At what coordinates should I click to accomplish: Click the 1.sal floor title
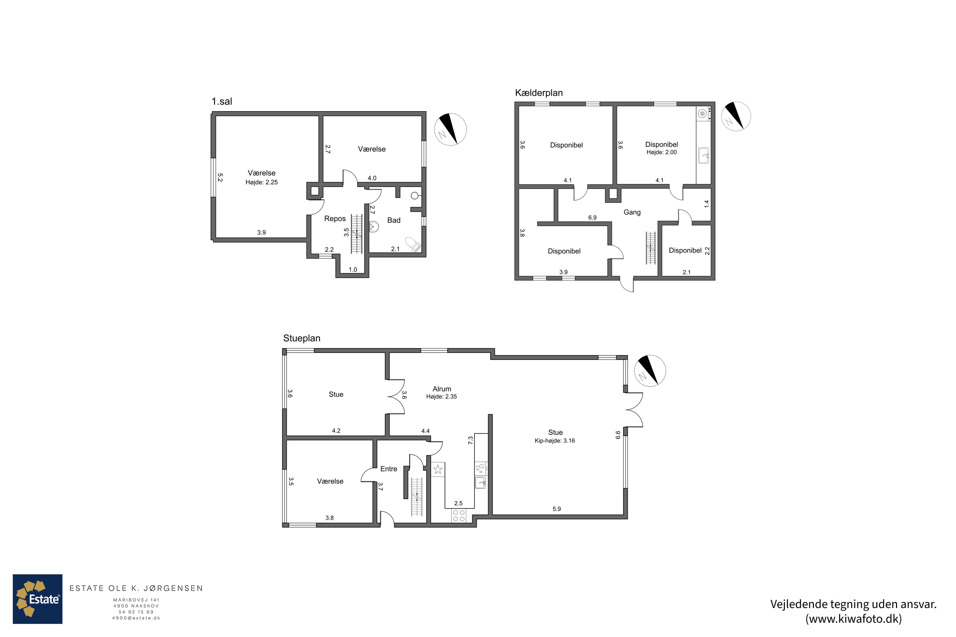pyautogui.click(x=221, y=101)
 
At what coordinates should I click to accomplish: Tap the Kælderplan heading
pyautogui.click(x=539, y=93)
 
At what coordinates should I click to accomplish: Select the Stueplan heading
pyautogui.click(x=301, y=338)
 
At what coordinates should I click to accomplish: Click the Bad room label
pyautogui.click(x=394, y=220)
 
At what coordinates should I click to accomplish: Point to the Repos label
pyautogui.click(x=335, y=218)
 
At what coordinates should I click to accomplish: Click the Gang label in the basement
pyautogui.click(x=632, y=212)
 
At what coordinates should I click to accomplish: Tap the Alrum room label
pyautogui.click(x=442, y=389)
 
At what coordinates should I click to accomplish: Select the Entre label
pyautogui.click(x=388, y=469)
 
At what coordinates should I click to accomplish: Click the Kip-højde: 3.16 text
pyautogui.click(x=555, y=441)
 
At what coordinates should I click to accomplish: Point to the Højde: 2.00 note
pyautogui.click(x=662, y=152)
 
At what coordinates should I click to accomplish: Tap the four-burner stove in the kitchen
pyautogui.click(x=459, y=516)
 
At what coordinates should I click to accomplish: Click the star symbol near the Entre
pyautogui.click(x=438, y=469)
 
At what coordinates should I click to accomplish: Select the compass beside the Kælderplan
pyautogui.click(x=736, y=116)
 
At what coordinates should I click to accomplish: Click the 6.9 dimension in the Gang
pyautogui.click(x=592, y=218)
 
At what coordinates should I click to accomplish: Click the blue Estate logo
pyautogui.click(x=37, y=599)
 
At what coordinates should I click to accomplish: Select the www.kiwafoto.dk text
pyautogui.click(x=854, y=619)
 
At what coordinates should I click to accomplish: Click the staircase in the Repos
pyautogui.click(x=357, y=233)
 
